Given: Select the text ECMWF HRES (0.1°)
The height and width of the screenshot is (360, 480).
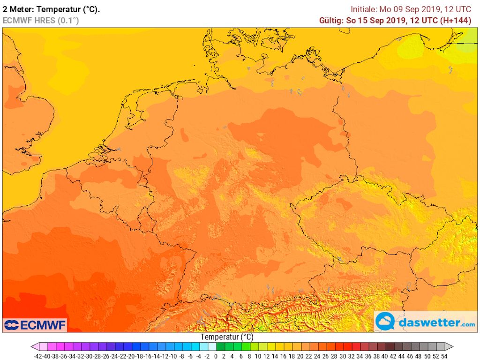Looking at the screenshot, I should coord(41,21).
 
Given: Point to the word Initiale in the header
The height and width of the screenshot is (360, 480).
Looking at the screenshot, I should coord(364,9).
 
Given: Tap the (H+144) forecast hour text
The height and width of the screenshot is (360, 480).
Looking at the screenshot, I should coord(455,21).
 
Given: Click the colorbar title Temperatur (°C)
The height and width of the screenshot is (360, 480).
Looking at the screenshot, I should coord(227,337).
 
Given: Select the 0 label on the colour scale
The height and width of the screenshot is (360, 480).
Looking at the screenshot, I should coord(216,356).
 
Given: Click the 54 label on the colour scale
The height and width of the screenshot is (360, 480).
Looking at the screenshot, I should coord(444,356).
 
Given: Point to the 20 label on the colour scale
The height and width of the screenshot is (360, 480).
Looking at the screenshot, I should coord(300,356).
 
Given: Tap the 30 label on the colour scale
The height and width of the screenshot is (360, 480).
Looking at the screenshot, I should coord(342,356).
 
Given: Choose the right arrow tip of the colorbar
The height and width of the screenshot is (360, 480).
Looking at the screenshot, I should coord(452,347).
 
